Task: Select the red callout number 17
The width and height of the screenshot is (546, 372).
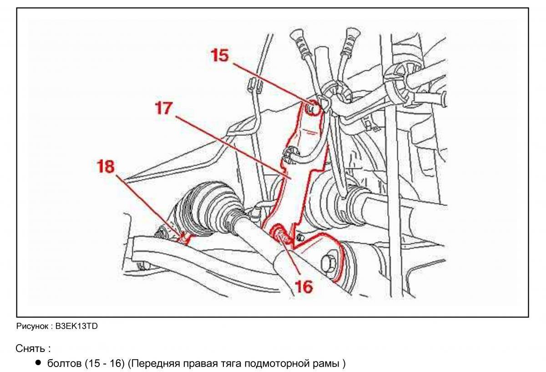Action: pos(163,108)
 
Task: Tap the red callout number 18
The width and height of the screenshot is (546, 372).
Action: pos(105,166)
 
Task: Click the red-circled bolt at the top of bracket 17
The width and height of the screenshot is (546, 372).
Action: pos(311,108)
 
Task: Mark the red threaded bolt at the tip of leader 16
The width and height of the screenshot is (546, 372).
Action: pos(280,235)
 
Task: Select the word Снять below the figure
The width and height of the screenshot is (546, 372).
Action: pos(30,349)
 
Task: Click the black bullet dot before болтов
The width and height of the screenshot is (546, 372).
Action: pos(38,363)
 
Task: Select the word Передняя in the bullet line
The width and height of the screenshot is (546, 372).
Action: pos(152,364)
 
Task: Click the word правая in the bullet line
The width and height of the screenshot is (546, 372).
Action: pos(197,364)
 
